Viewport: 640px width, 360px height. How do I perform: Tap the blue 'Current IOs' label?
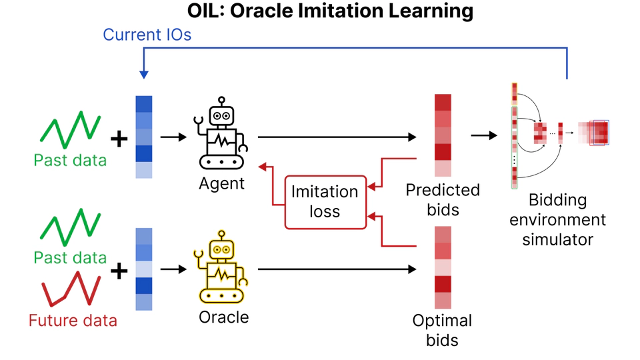147,35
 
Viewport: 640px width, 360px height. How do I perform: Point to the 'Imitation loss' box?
325,202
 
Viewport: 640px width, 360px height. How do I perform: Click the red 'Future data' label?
73,321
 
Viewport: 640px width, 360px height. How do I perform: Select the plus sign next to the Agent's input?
119,139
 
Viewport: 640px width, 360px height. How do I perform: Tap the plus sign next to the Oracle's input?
119,271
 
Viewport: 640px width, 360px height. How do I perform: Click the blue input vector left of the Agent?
144,137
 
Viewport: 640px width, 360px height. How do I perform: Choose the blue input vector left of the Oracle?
144,269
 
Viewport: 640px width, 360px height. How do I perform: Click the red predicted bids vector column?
443,135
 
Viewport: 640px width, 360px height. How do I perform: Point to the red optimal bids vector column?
443,267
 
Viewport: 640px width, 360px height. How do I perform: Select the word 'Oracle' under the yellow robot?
223,317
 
